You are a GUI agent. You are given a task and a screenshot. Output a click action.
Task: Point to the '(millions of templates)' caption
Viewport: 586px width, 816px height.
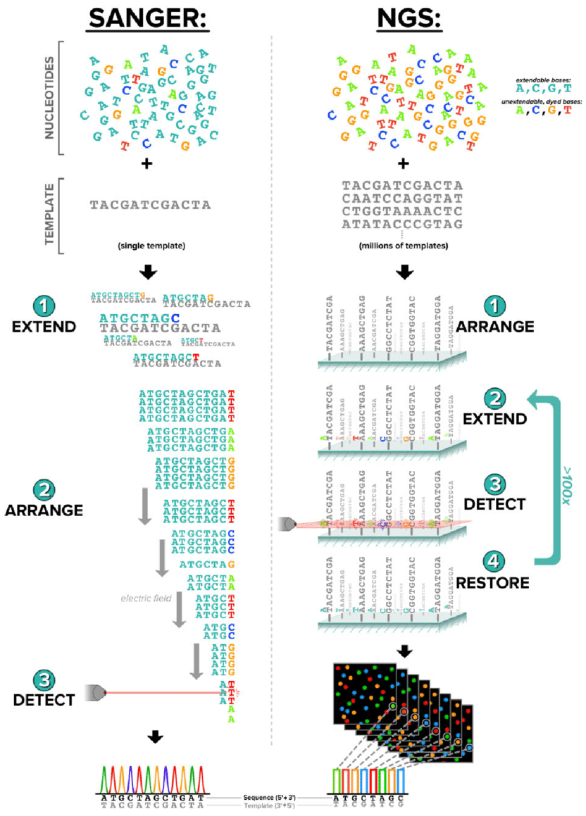click(402, 246)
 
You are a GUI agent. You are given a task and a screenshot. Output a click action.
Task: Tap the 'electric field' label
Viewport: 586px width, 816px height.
click(146, 598)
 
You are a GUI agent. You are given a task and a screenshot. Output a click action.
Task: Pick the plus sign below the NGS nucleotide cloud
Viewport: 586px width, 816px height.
click(404, 163)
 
